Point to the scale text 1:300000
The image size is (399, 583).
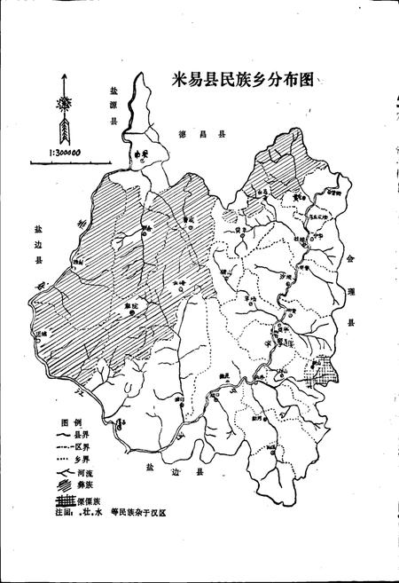pyautogui.click(x=59, y=152)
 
